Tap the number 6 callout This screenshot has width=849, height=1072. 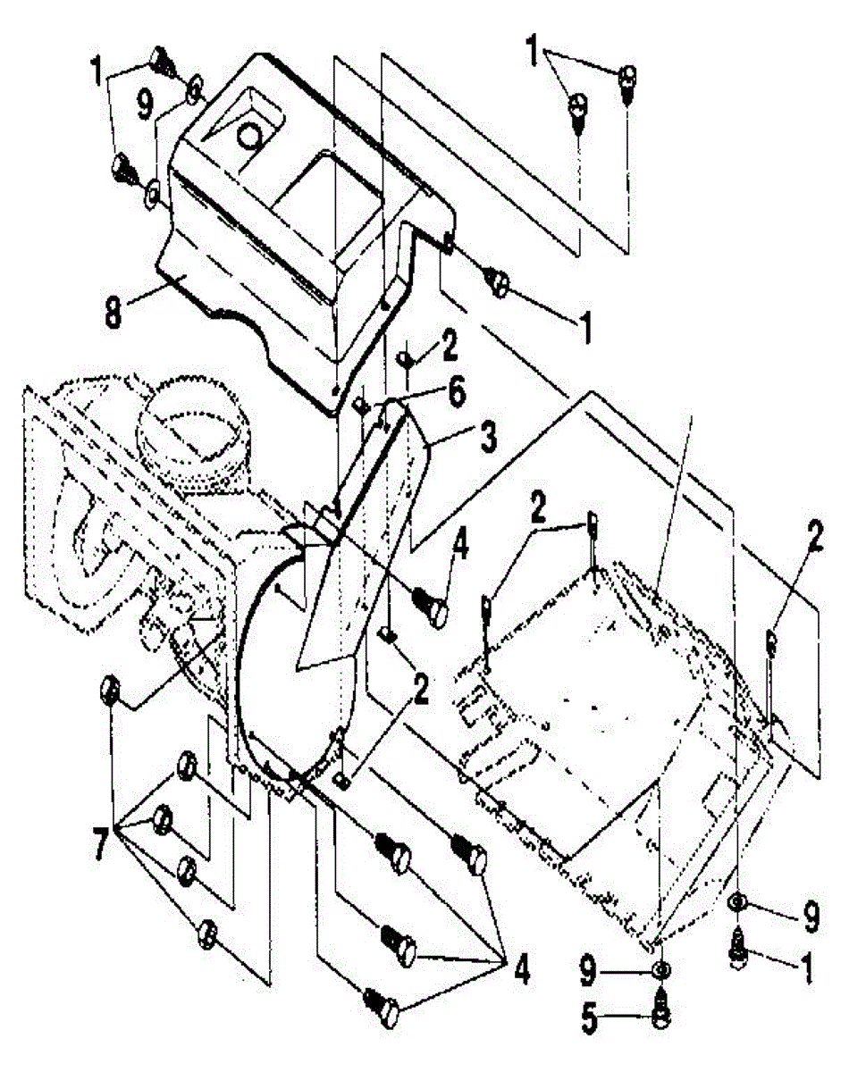pyautogui.click(x=457, y=393)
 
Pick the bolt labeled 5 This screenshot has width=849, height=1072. pyautogui.click(x=660, y=1018)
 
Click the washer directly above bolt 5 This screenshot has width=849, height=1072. pyautogui.click(x=660, y=970)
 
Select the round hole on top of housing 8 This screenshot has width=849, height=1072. pyautogui.click(x=251, y=137)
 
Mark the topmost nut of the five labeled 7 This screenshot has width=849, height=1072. pyautogui.click(x=109, y=689)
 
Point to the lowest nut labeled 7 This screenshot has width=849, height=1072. pyautogui.click(x=206, y=933)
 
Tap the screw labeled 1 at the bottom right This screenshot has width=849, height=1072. pyautogui.click(x=740, y=944)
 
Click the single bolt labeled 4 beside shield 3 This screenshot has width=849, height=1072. pyautogui.click(x=432, y=609)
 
